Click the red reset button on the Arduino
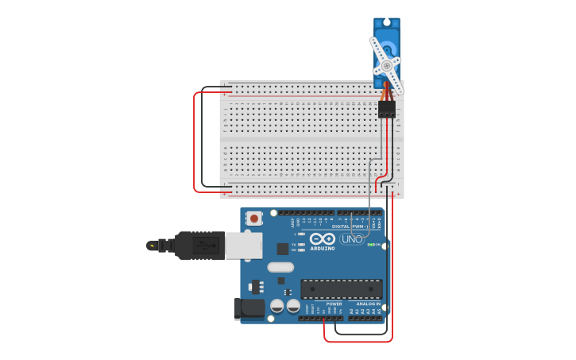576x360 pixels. [x=254, y=218]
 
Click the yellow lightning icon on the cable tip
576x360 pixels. [x=151, y=246]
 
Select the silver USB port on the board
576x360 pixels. [x=243, y=246]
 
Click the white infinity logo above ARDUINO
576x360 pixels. [x=323, y=238]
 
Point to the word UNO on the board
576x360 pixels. [x=352, y=238]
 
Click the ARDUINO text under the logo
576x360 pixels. [x=323, y=248]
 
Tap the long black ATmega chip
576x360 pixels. [x=341, y=288]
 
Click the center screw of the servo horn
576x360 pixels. [x=387, y=65]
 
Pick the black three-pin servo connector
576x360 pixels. [x=387, y=109]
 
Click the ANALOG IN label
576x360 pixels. [x=367, y=304]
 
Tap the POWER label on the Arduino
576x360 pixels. [x=334, y=304]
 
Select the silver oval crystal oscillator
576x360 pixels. [x=280, y=267]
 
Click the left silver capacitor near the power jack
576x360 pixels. [x=277, y=306]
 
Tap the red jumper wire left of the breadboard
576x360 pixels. [x=195, y=143]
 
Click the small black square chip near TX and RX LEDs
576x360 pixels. [x=283, y=249]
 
